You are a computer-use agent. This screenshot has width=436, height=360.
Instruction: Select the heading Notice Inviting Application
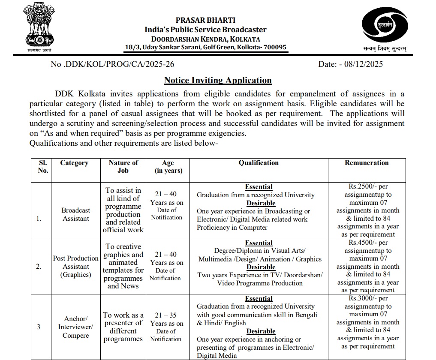tap(218, 80)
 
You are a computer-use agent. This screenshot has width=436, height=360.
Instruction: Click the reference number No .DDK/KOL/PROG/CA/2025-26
tap(112, 64)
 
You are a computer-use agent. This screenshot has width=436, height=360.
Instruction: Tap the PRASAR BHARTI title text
tap(205, 20)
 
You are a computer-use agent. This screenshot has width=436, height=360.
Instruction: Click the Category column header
tap(75, 163)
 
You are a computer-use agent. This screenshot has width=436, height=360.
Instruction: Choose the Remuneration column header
tap(367, 163)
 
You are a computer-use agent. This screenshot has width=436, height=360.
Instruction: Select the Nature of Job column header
tap(123, 166)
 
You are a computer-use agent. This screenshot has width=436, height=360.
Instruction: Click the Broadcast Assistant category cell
tap(75, 214)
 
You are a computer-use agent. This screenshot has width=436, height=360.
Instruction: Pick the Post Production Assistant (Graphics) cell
tap(75, 266)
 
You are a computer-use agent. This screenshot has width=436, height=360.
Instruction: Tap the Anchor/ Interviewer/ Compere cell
tap(75, 327)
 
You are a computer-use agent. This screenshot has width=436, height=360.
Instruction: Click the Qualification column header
tap(259, 163)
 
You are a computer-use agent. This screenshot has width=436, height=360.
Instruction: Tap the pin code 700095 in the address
tap(274, 47)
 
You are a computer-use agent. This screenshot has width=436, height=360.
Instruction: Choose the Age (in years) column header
tap(168, 166)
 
